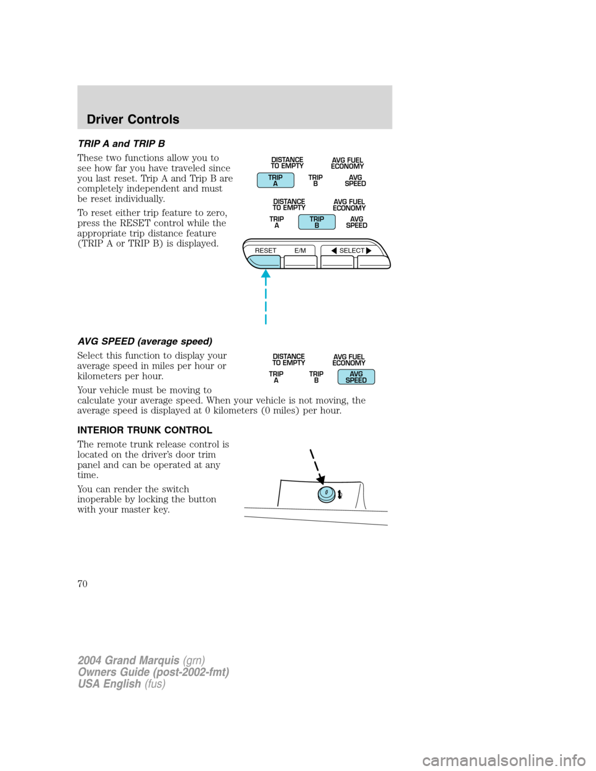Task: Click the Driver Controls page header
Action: pos(133,119)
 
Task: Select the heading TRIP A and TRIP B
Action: pos(121,143)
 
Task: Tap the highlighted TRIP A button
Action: pos(276,181)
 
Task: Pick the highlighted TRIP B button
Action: pos(317,222)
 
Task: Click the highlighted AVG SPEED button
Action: pos(356,377)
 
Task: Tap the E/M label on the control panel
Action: pos(300,251)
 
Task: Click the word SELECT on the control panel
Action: pos(351,251)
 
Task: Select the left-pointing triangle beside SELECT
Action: pos(333,251)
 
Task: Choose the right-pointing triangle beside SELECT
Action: pos(369,251)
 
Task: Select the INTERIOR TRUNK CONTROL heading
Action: pos(145,430)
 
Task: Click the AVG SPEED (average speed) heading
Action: pos(145,341)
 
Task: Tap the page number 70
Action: pos(83,584)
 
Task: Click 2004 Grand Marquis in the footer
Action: pos(129,661)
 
